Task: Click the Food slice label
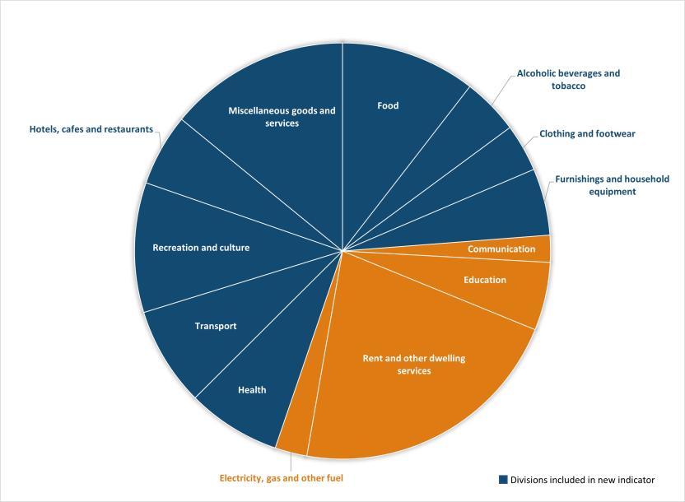pos(388,105)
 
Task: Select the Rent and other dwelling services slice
pos(398,365)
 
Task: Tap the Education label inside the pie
pos(484,280)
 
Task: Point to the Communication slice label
pos(501,249)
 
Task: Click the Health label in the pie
pos(252,390)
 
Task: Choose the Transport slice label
pos(216,326)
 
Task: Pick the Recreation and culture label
pos(201,247)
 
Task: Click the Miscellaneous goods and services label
pos(282,116)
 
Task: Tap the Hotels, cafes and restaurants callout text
pos(91,129)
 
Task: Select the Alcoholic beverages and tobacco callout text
pos(568,79)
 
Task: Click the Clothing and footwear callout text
pos(587,133)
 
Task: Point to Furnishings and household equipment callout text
pos(612,184)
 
